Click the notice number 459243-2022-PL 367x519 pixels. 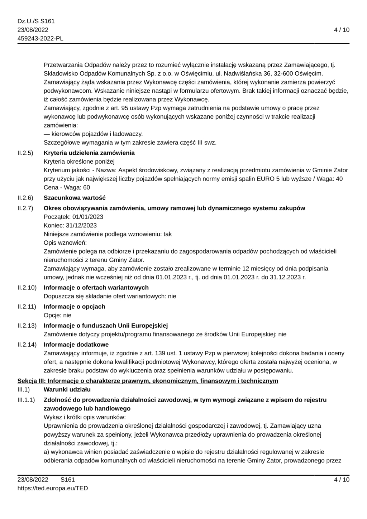pos(40,38)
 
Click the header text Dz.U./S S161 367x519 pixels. pos(36,21)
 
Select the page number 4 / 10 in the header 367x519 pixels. pos(341,30)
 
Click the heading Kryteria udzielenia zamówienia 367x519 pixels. pos(89,153)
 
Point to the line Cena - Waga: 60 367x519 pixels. pos(67,187)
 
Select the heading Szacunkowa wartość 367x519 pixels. pos(75,198)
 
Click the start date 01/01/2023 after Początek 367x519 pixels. pos(88,217)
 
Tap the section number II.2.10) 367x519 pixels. pos(27,288)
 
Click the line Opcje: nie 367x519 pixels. pos(57,315)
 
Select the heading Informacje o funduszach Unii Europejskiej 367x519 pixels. pos(106,326)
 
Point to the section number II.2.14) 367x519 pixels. pos(27,345)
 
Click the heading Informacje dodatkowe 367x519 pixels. pos(76,345)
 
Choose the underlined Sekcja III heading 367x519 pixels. pos(148,381)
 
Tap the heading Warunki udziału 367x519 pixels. pos(67,389)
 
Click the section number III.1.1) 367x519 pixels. pos(26,400)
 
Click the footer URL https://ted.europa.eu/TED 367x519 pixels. pos(53,488)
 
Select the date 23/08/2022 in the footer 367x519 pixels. pos(33,480)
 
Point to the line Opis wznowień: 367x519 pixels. pos(63,243)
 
